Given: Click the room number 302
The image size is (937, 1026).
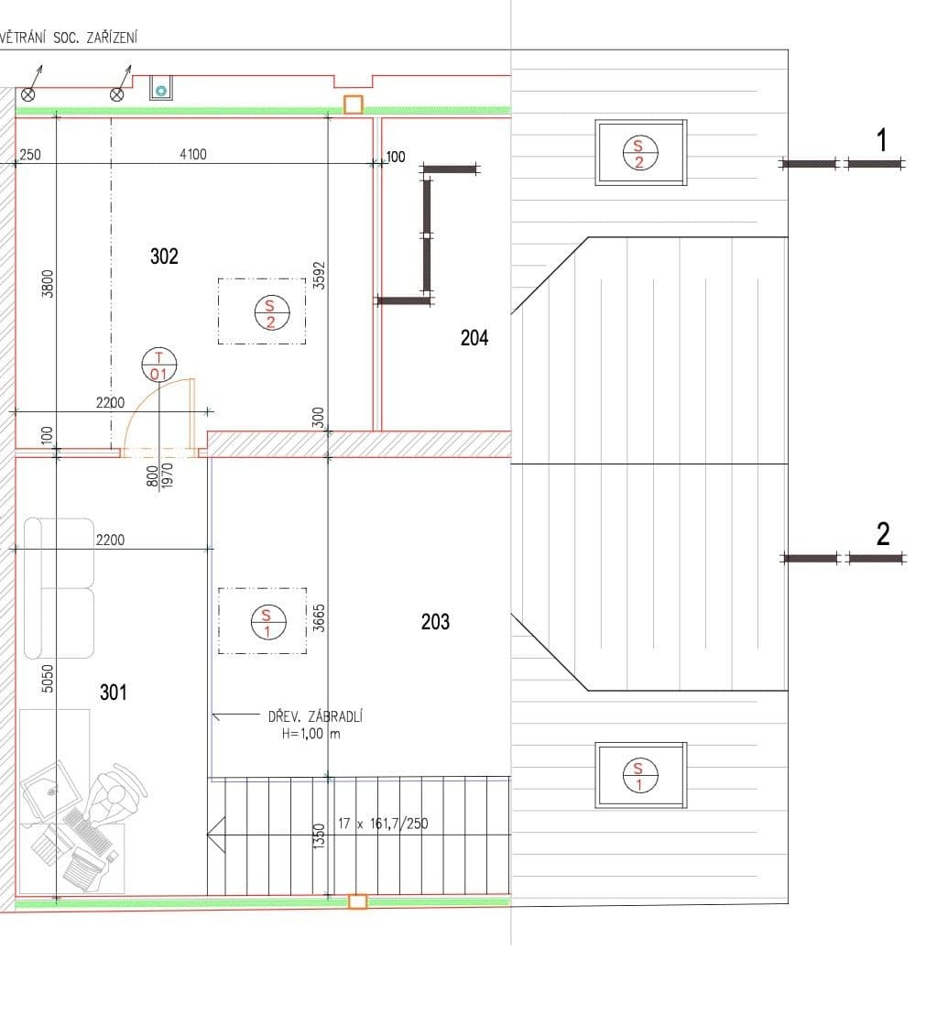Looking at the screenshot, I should tap(164, 256).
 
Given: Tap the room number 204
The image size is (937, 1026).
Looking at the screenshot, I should tap(474, 338).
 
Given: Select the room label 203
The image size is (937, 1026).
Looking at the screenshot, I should tap(435, 622).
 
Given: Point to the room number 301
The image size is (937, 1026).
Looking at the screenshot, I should tap(114, 693).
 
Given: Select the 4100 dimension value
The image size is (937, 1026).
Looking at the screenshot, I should tap(193, 155).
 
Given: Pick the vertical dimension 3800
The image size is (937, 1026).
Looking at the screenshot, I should tap(49, 282).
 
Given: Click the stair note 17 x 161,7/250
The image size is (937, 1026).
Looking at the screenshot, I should tap(383, 824).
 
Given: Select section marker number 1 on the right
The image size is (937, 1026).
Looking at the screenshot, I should tap(881, 141).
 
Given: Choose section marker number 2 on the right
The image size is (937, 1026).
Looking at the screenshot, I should tap(882, 534).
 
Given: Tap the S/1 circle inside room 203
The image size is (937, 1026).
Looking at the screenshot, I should tap(266, 622).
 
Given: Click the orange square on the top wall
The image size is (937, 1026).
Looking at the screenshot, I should tap(353, 104).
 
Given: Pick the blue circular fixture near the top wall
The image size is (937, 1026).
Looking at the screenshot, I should tap(162, 90).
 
